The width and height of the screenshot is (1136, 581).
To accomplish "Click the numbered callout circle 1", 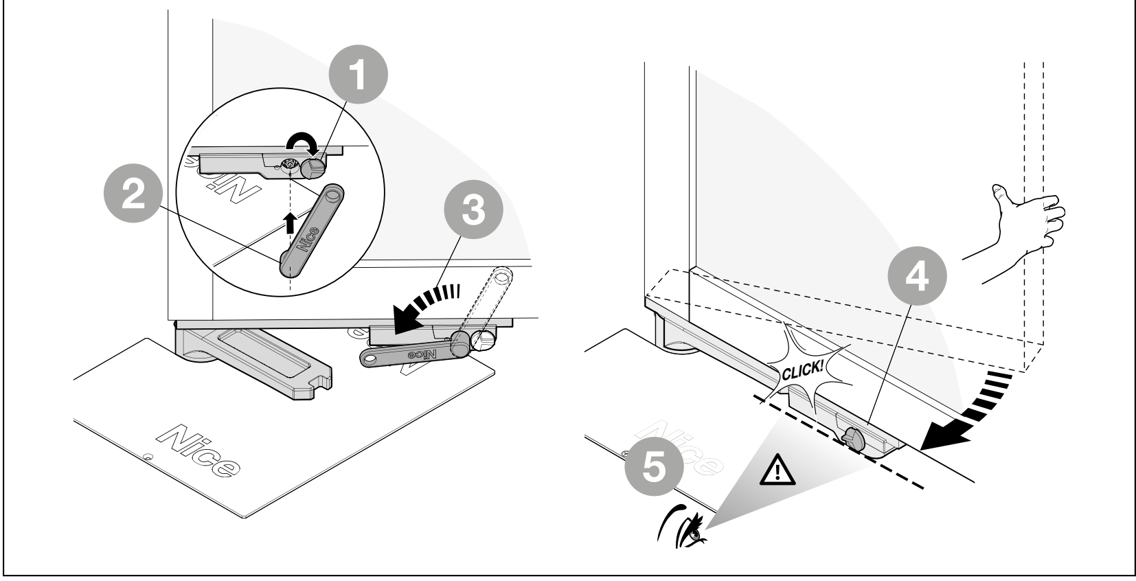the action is coord(358,74).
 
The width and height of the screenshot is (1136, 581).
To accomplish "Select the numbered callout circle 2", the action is coord(133,193).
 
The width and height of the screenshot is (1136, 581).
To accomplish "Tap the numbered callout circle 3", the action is coord(473,209).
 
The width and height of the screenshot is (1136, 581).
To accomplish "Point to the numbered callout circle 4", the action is coord(917,276).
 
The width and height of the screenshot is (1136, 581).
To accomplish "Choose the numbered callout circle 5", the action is coord(655,466).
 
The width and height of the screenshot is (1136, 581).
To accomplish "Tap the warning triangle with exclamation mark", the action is coord(777,470).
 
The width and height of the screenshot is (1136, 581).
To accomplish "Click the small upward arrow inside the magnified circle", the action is coord(290,223).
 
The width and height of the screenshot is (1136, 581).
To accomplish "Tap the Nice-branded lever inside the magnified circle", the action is coord(311,231).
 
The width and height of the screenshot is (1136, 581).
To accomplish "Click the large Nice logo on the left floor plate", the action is coord(198,451).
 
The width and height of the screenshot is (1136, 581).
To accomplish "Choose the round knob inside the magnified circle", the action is coord(313,168).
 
